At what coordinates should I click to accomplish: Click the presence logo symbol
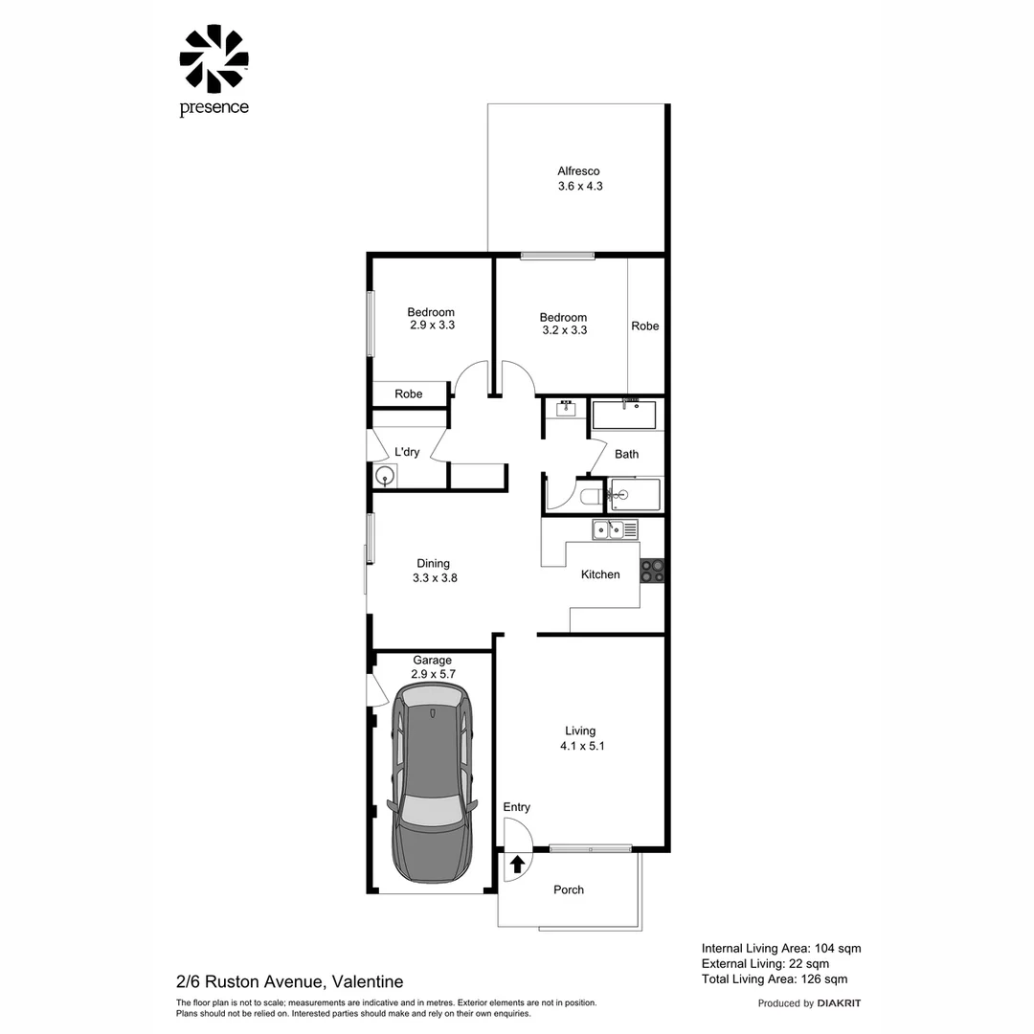pos(214,59)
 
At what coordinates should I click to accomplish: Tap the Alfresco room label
pos(579,171)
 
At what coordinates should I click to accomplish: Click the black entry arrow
pos(517,865)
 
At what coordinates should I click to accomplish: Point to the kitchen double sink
pos(615,528)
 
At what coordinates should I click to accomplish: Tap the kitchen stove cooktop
pos(652,570)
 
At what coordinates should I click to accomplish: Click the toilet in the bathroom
pos(591,496)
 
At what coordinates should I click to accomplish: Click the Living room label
pos(580,731)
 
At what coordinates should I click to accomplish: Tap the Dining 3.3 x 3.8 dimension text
pos(434,577)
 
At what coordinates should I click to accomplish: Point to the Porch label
pos(569,889)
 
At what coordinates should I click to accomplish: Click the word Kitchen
pos(600,574)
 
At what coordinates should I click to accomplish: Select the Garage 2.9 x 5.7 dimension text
pos(432,674)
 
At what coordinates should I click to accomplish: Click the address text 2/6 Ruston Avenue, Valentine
pos(289,981)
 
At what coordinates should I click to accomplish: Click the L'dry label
pos(407,452)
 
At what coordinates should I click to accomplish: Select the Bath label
pos(626,454)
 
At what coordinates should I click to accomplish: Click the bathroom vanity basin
pos(566,409)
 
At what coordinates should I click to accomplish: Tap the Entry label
pos(517,807)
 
